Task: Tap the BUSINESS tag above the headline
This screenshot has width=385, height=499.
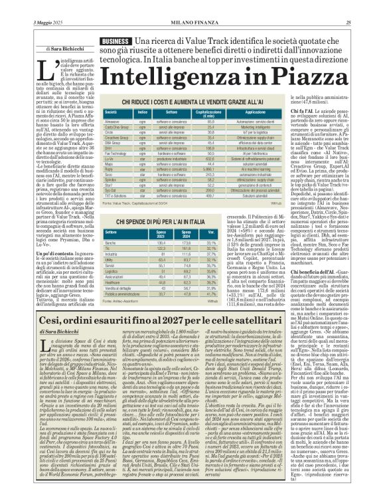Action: click(115, 41)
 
